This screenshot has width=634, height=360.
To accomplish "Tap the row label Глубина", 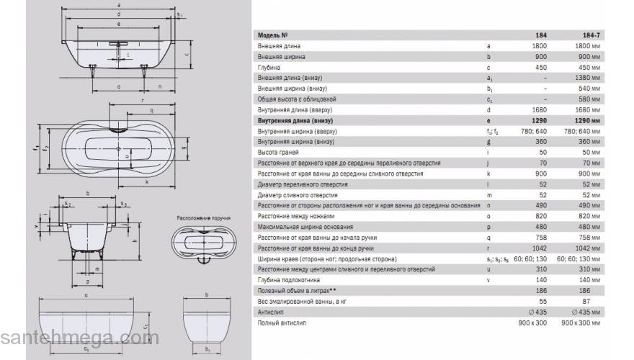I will (270, 66).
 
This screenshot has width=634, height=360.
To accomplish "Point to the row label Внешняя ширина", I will (282, 55).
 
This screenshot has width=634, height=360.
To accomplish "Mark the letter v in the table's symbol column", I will (489, 280).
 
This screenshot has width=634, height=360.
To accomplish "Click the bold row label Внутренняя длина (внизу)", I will (295, 120).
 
